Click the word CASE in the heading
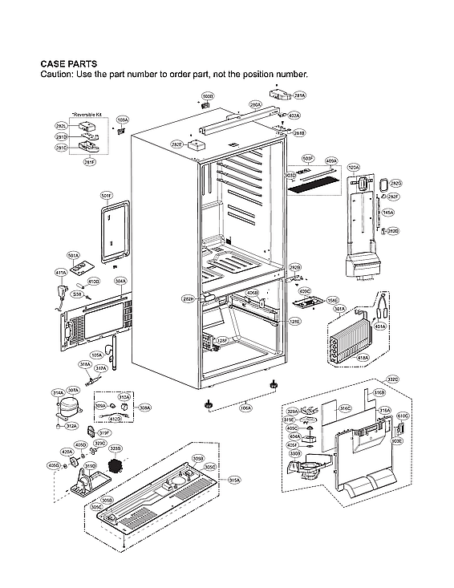click(x=55, y=63)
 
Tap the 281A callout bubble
click(x=300, y=95)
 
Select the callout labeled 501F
click(x=106, y=196)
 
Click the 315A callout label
click(x=234, y=480)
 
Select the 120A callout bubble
click(x=354, y=168)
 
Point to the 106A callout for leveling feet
click(x=245, y=408)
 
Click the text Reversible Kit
click(x=88, y=115)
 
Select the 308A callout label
click(x=145, y=408)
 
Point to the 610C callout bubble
click(x=403, y=416)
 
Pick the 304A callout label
click(x=120, y=281)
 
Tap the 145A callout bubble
click(x=388, y=213)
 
